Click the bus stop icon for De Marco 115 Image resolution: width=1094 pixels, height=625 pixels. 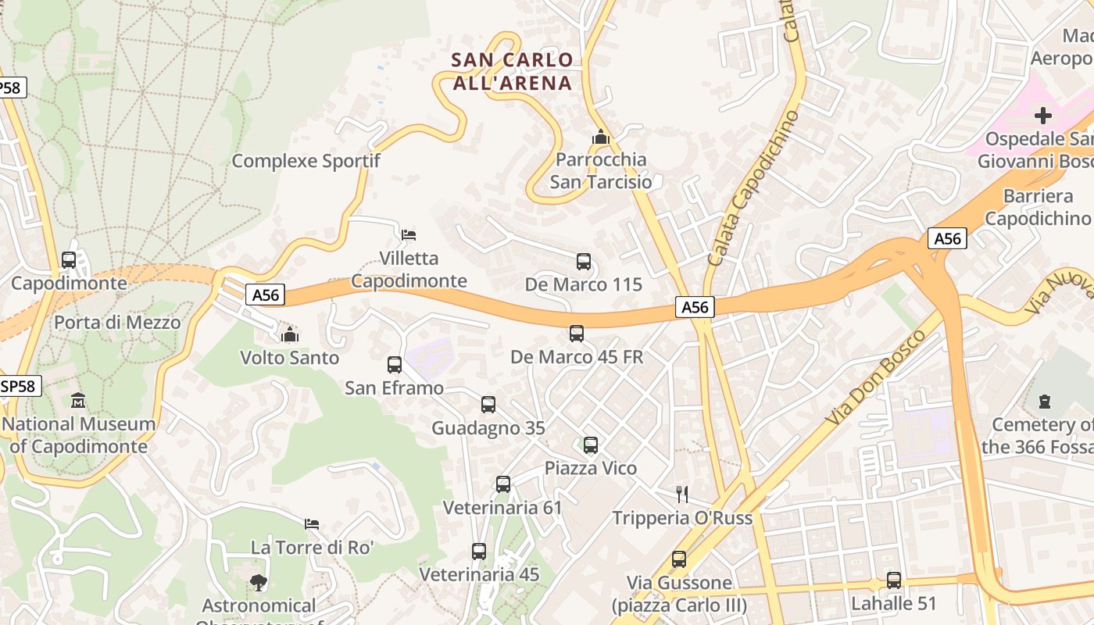583,262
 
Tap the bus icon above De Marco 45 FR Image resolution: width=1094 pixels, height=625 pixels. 577,334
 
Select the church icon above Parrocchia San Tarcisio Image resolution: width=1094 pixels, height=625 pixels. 600,137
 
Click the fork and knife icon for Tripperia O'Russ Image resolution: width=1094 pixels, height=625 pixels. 682,494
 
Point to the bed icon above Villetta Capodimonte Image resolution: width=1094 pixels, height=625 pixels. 408,234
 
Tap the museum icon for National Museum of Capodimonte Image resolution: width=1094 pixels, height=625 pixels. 78,401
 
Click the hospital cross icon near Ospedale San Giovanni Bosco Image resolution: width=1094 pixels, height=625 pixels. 1042,116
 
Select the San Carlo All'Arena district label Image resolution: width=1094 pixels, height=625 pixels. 513,71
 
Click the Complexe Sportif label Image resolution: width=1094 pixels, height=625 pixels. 306,161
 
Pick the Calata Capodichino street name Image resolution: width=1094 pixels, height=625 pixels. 754,187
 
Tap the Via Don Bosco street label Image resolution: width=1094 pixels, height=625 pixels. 875,378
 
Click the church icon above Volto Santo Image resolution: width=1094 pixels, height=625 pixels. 290,334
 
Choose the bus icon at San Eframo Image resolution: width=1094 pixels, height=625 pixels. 395,364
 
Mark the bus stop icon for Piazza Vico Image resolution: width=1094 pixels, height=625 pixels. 591,445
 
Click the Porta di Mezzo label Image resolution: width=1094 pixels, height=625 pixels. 117,322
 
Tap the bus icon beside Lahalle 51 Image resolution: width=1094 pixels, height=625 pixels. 893,580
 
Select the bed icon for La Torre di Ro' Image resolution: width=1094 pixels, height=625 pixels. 312,523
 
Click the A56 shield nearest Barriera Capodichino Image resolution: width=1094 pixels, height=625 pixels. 947,238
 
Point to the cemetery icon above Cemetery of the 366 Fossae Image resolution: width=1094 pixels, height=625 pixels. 1044,402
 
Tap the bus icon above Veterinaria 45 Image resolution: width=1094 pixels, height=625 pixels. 479,552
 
